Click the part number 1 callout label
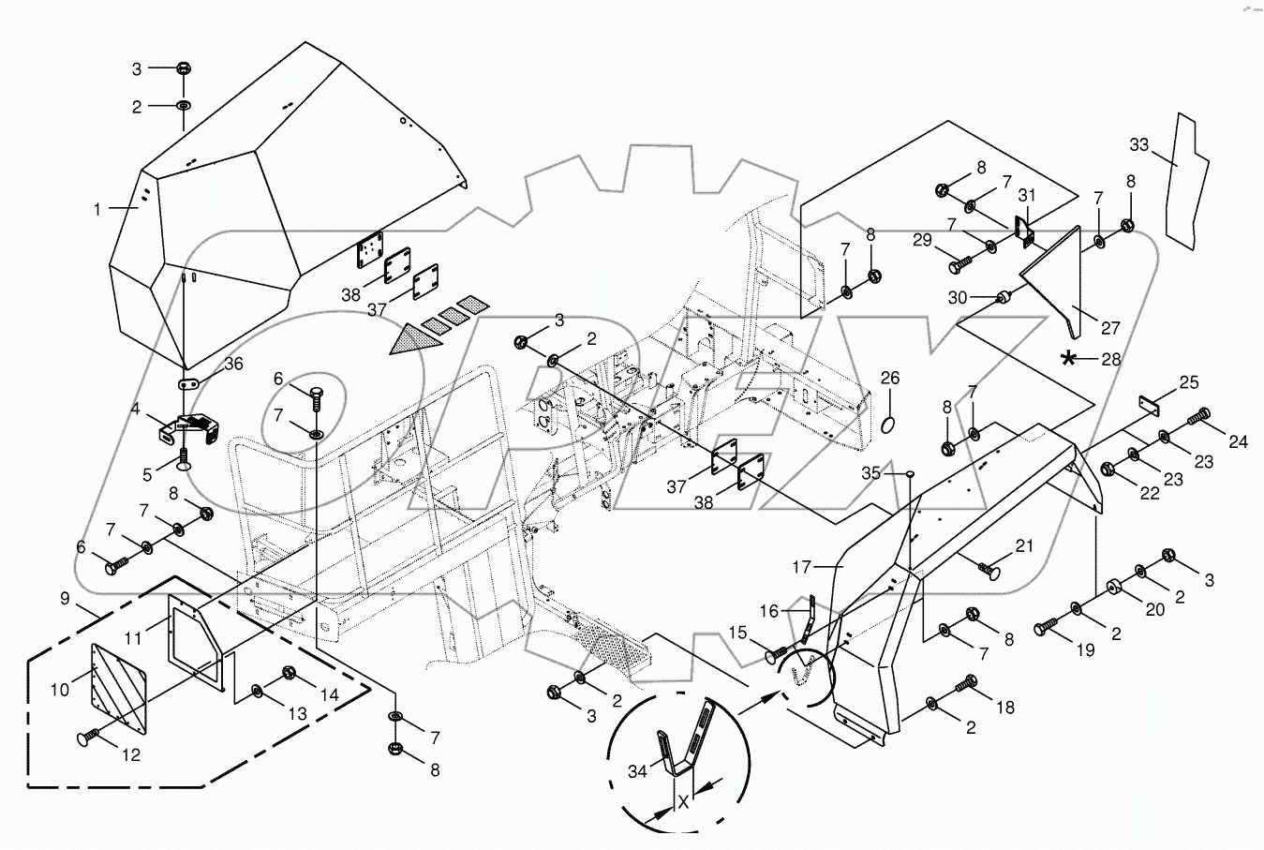[97, 210]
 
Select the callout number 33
[1138, 144]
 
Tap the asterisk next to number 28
[1068, 358]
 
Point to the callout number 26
[889, 379]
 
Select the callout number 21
[1023, 545]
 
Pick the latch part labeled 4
[187, 429]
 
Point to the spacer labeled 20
[1113, 587]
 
